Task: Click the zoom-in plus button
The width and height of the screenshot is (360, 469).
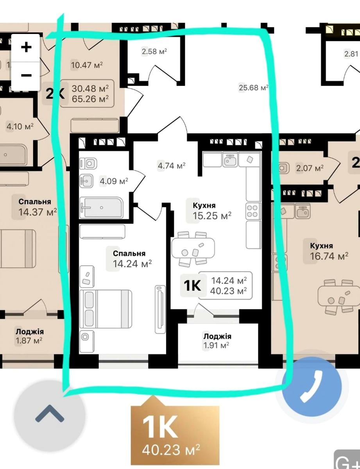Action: pyautogui.click(x=26, y=47)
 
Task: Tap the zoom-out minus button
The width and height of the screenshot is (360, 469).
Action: pyautogui.click(x=26, y=75)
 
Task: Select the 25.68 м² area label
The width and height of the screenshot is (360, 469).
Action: pyautogui.click(x=253, y=88)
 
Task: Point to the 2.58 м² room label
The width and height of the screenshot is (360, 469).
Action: pyautogui.click(x=154, y=51)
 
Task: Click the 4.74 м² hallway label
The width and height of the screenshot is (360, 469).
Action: pyautogui.click(x=172, y=166)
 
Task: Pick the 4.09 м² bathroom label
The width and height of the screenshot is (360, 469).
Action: pyautogui.click(x=114, y=181)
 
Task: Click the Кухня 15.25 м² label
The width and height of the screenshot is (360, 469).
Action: pyautogui.click(x=212, y=211)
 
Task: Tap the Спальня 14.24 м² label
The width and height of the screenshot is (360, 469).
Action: pyautogui.click(x=132, y=259)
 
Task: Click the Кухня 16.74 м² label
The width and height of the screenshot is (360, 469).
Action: pyautogui.click(x=329, y=251)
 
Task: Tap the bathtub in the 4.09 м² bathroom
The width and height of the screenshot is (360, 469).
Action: pyautogui.click(x=102, y=208)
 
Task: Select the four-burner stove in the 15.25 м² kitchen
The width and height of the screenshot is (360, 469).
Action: pyautogui.click(x=253, y=211)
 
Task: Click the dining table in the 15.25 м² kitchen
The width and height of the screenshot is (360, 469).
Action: pyautogui.click(x=193, y=248)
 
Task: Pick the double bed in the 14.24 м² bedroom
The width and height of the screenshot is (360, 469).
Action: pyautogui.click(x=106, y=309)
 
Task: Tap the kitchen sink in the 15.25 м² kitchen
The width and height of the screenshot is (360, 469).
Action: pyautogui.click(x=230, y=159)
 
